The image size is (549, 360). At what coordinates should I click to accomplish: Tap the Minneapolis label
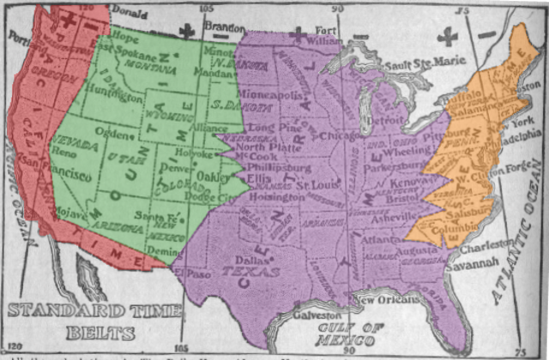(x=271, y=94)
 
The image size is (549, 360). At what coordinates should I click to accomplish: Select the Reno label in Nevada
(x=65, y=151)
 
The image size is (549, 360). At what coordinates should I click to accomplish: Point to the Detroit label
(x=393, y=122)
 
